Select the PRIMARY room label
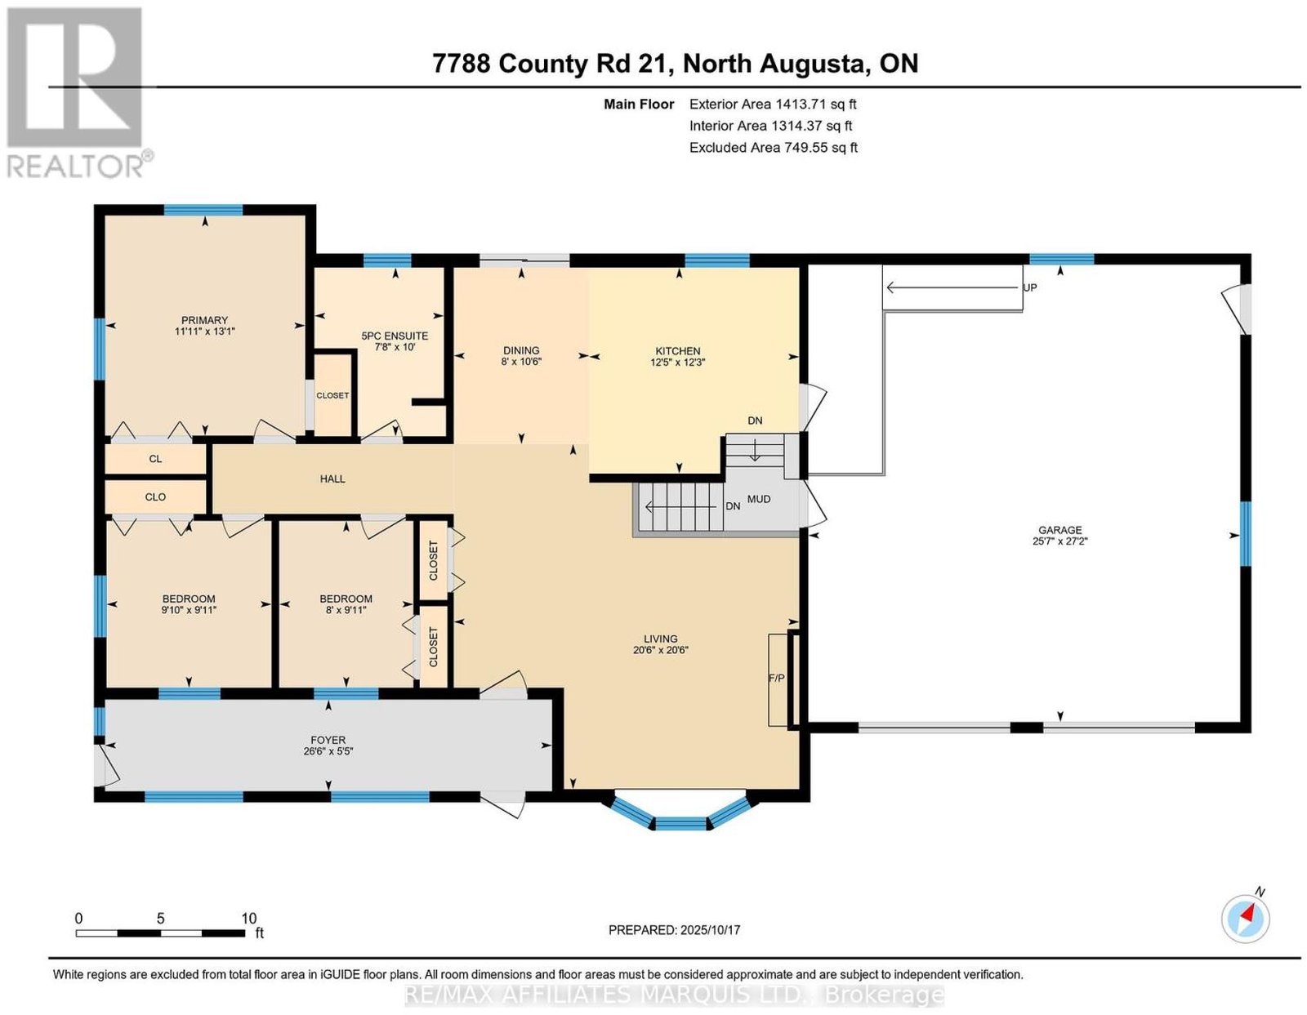coord(204,320)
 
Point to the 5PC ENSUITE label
coord(395,336)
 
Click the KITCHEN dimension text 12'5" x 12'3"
coord(677,363)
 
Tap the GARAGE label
coord(1059,530)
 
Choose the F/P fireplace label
coord(777,679)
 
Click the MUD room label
coord(758,500)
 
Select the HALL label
coord(332,479)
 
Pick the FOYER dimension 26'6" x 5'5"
coord(328,751)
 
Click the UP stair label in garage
coord(1030,288)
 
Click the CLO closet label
coord(155,497)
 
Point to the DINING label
coord(521,350)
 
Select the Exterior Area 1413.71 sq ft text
coord(773,104)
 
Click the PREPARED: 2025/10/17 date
coord(674,930)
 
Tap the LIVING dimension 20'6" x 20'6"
coord(660,650)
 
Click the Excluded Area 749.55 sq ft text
coord(774,147)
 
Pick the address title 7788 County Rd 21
coord(552,63)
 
